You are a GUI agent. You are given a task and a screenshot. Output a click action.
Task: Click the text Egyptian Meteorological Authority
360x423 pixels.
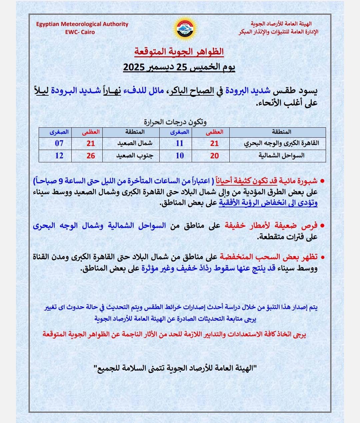[x=82, y=24]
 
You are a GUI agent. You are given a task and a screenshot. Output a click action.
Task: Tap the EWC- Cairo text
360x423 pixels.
[x=80, y=32]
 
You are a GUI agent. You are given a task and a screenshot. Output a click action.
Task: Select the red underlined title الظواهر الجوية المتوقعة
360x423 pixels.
[x=179, y=52]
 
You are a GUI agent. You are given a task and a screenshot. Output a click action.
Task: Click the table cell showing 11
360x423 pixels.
[x=180, y=143]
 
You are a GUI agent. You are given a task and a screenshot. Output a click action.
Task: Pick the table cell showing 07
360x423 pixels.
[x=59, y=143]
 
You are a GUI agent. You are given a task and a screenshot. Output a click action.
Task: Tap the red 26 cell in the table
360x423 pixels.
[x=91, y=156]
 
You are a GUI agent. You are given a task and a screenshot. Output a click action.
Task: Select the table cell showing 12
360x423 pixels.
[x=59, y=156]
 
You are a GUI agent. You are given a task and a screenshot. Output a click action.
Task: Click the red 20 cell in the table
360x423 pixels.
[x=214, y=156]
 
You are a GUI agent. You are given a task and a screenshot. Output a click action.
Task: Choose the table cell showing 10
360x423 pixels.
[x=180, y=156]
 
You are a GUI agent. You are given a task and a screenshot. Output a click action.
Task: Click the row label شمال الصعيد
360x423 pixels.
[x=135, y=143]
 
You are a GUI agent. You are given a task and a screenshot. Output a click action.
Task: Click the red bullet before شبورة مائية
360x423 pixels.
[x=322, y=181]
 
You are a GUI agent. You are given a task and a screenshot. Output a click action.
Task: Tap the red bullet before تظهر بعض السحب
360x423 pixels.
[x=322, y=257]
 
